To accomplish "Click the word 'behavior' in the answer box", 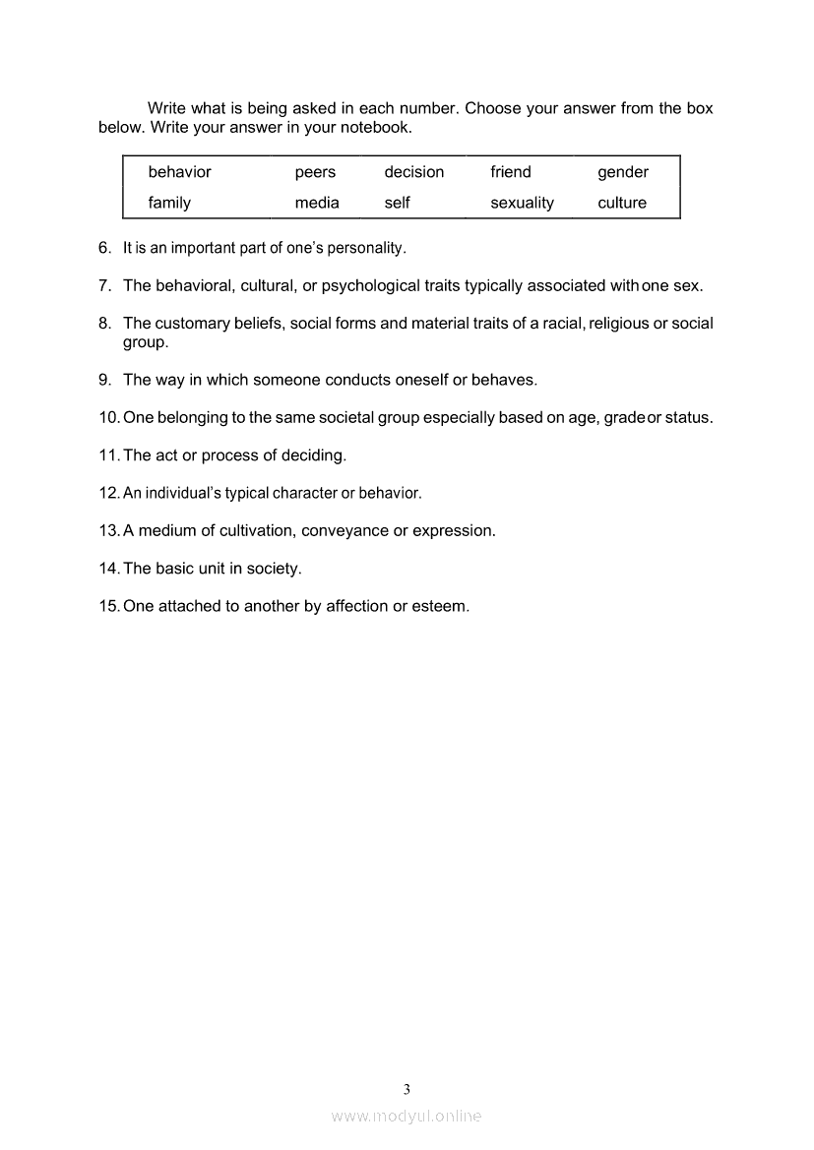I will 179,172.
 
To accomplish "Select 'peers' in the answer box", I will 315,172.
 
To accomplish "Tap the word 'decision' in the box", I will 413,172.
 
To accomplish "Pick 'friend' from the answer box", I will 510,172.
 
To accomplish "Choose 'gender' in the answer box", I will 622,173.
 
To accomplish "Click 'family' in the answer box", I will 169,203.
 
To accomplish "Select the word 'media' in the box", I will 317,203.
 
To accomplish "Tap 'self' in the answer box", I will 397,203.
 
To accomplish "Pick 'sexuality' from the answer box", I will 522,204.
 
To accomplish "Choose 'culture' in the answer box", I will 622,203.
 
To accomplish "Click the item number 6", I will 104,248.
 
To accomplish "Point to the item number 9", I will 104,380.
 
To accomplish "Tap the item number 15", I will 108,606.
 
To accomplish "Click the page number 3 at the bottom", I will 407,1089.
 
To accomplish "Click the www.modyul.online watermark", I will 407,1116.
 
